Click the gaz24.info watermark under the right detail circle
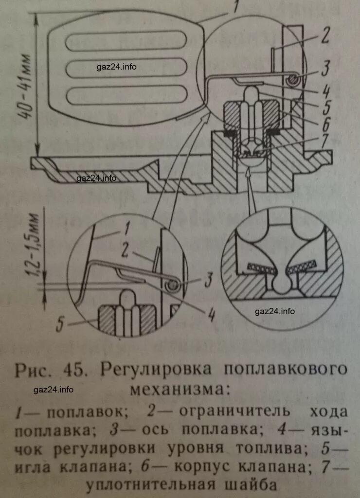275,311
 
